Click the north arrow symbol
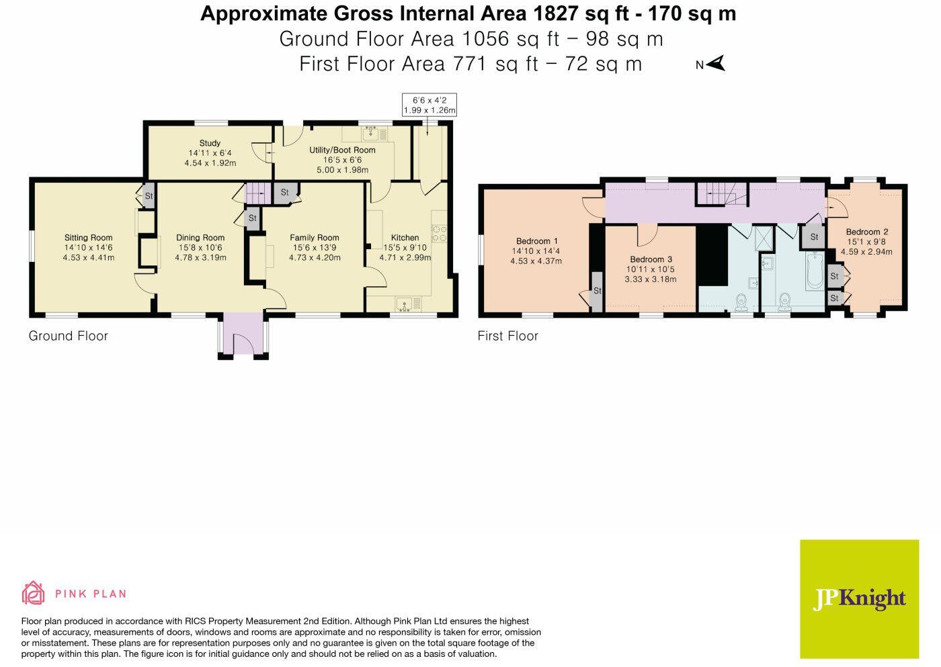[x=717, y=64]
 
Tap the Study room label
[x=210, y=143]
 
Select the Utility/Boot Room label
[x=342, y=150]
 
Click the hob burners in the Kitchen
[x=440, y=233]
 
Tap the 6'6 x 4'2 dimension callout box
[x=429, y=105]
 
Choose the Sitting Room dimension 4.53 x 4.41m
[x=88, y=257]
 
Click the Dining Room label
[x=200, y=237]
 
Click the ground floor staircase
[x=255, y=194]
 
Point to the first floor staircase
[x=721, y=195]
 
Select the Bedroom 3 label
[x=651, y=259]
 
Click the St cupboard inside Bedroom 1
[x=597, y=292]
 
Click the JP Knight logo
[x=859, y=599]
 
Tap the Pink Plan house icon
[x=34, y=593]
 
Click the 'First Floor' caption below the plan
[x=507, y=336]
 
